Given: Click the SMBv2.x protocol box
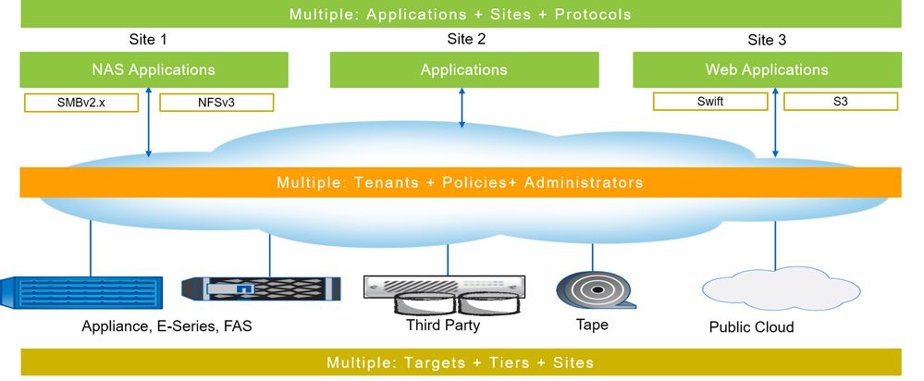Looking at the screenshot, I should [x=80, y=102].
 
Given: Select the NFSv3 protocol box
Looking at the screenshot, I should [x=217, y=102].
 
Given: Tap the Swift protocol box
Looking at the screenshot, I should [x=710, y=102].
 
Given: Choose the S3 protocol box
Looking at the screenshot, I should [x=840, y=102].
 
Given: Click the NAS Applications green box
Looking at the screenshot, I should [x=154, y=69].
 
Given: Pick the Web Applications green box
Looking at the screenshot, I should [x=767, y=69].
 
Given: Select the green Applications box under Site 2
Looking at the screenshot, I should [x=463, y=69].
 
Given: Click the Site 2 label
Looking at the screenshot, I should [x=466, y=40].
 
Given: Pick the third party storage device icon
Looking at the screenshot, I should [x=445, y=294].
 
